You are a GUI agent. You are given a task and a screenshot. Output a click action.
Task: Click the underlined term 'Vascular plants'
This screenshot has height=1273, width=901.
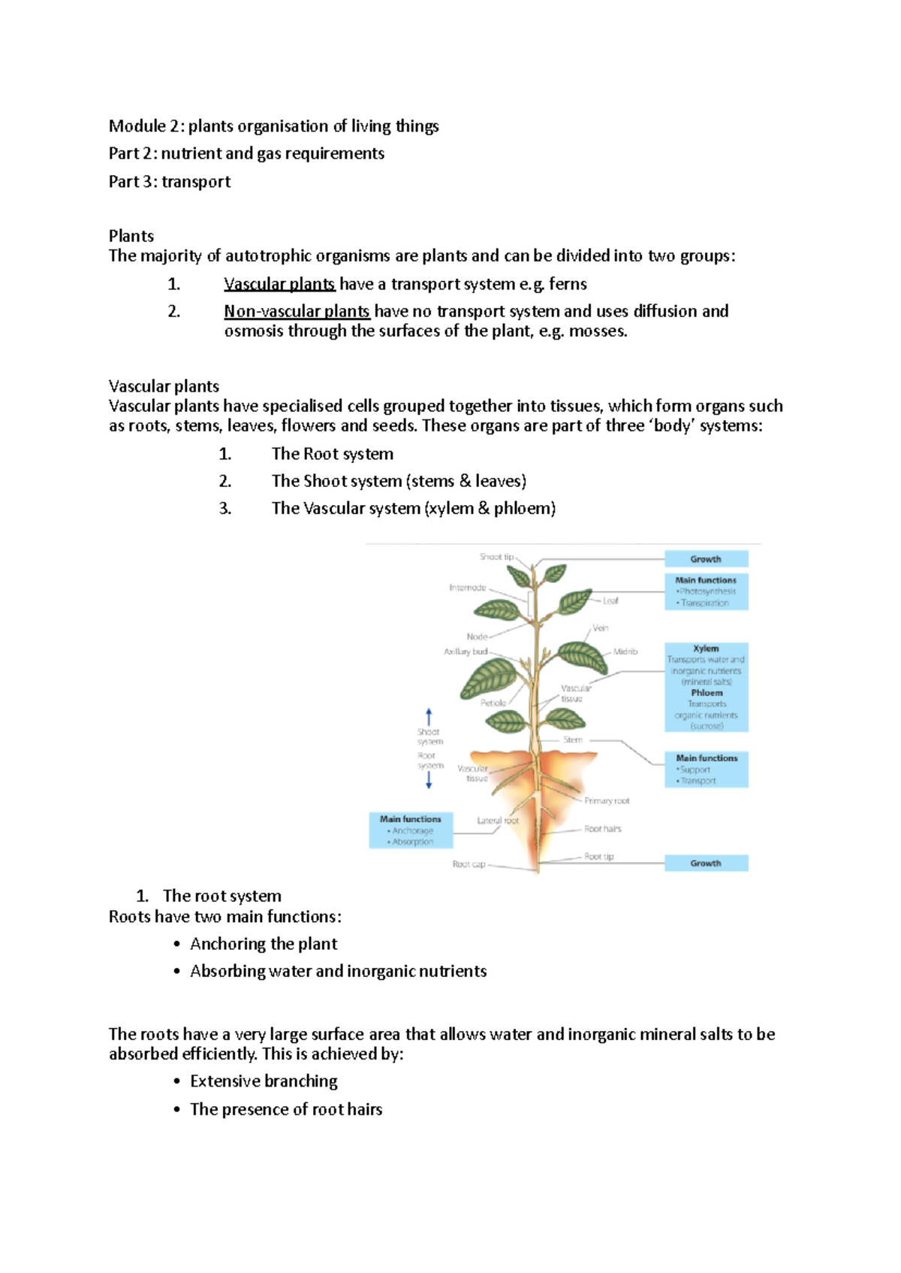point(279,284)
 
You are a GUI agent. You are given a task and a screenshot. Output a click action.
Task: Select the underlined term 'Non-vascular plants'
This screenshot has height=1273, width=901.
point(297,311)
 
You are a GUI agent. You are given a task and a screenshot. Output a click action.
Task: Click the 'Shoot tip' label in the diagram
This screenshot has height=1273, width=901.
point(496,557)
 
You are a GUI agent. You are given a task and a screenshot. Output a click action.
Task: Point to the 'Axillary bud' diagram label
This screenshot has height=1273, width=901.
point(466,652)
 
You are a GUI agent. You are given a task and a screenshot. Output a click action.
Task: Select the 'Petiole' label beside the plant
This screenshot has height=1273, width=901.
point(493,703)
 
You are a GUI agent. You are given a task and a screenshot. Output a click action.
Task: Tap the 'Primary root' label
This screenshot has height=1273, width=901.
point(607,800)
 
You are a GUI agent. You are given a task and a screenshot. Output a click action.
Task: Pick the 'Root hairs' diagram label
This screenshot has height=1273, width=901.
point(602,829)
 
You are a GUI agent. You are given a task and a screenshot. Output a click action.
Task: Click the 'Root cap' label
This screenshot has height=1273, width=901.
point(469,864)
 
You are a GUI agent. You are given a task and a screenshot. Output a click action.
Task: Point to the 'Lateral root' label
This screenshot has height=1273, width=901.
point(497,821)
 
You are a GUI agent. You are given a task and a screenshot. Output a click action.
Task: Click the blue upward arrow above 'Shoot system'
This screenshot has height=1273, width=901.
point(429,716)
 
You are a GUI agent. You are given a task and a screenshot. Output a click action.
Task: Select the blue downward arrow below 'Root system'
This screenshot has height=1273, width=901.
point(429,781)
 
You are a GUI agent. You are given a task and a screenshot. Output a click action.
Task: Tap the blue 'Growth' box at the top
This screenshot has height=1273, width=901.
point(706,559)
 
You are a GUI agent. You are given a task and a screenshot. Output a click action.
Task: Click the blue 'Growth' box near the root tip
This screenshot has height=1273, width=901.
point(706,863)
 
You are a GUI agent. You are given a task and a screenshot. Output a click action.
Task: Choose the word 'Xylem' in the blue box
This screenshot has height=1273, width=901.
point(706,649)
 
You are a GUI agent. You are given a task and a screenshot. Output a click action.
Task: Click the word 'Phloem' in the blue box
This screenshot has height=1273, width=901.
point(707,693)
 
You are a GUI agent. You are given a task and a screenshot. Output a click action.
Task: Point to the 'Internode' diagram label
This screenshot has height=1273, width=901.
point(467,588)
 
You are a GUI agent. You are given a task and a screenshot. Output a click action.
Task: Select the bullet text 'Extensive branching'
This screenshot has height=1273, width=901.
point(264,1081)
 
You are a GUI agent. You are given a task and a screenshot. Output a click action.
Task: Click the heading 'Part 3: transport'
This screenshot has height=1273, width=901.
point(170,182)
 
